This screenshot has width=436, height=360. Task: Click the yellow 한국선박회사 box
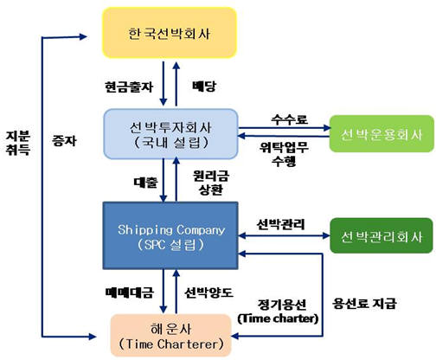pos(169,35)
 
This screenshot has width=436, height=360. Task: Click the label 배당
pos(200,87)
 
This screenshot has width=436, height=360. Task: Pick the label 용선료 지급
pos(366,304)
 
